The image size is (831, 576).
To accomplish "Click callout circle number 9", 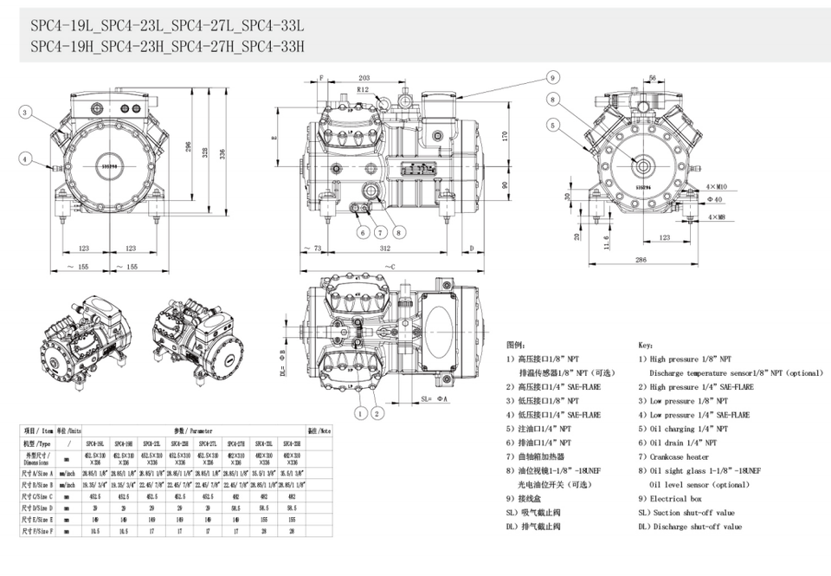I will (551, 77).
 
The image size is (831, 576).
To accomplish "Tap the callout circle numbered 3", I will (26, 113).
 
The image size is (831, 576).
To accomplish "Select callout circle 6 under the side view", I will (364, 231).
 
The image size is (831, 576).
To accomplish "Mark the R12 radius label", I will (364, 90).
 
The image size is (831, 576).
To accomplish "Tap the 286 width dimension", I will (641, 260).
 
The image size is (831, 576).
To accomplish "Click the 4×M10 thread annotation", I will (715, 186).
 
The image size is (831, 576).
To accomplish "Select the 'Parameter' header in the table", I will (198, 430).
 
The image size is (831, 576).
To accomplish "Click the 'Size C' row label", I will (38, 496).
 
